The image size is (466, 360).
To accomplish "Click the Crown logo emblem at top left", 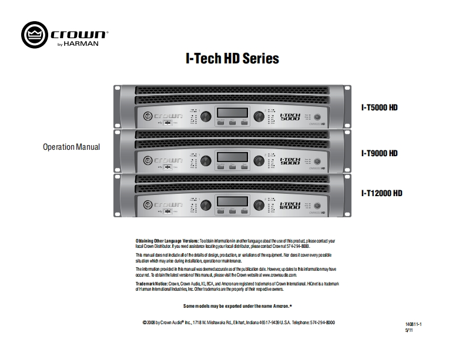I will point(33,33).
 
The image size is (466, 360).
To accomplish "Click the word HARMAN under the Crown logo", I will point(86,43).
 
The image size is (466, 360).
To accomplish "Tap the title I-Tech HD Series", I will point(232,59).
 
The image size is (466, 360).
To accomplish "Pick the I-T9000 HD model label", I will point(379,153).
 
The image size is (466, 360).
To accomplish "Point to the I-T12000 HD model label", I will point(381,193).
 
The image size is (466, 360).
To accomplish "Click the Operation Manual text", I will point(72,147).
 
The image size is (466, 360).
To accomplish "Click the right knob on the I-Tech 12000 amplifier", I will point(259,204).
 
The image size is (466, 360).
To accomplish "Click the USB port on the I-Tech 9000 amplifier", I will point(167,167).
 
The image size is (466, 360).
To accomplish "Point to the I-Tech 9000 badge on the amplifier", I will point(290,160).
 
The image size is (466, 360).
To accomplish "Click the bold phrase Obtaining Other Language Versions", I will point(167,241).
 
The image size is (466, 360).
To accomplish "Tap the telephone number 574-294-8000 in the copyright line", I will point(322,323).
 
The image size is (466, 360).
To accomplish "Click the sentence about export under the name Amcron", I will point(237,307).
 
